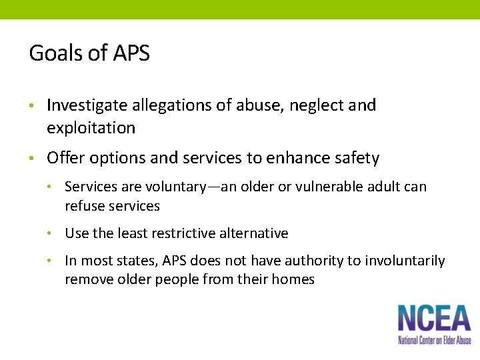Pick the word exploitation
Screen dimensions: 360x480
tap(91, 127)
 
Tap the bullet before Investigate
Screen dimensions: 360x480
tap(31, 106)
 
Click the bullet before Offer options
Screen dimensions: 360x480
tap(31, 159)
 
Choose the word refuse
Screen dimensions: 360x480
tap(84, 206)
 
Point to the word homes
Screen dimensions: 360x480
tap(295, 279)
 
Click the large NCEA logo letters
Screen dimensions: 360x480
tap(434, 319)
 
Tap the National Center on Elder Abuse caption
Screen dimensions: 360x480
tap(434, 340)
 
